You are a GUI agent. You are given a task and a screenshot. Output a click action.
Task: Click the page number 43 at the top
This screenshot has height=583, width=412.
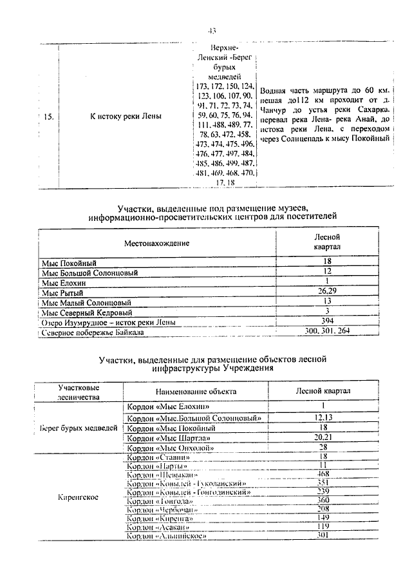pos(212,31)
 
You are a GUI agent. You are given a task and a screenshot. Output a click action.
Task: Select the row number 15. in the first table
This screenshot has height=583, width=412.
pos(48,117)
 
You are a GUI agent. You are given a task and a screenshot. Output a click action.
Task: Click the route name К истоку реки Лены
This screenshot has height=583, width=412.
pos(126,117)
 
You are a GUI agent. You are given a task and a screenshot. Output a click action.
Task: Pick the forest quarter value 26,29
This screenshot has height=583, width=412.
pos(327,291)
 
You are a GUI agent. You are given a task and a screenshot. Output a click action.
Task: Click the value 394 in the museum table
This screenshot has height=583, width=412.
pos(327,322)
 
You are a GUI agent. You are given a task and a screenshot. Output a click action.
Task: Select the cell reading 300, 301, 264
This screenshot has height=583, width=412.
pos(327,332)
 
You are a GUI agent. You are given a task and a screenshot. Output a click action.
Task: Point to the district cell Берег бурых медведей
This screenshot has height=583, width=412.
pos(79,428)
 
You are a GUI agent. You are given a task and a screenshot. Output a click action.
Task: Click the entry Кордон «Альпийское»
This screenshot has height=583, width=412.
pos(167,535)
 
